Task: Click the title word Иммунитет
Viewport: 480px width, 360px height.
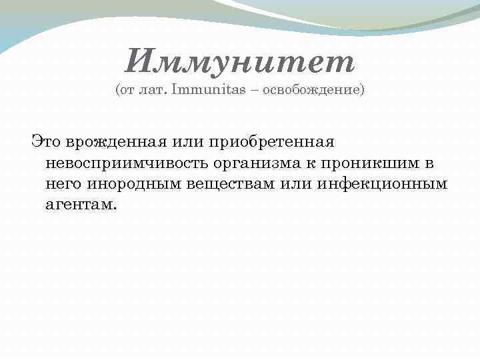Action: click(x=240, y=63)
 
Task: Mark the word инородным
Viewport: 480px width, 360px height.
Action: click(x=132, y=183)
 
